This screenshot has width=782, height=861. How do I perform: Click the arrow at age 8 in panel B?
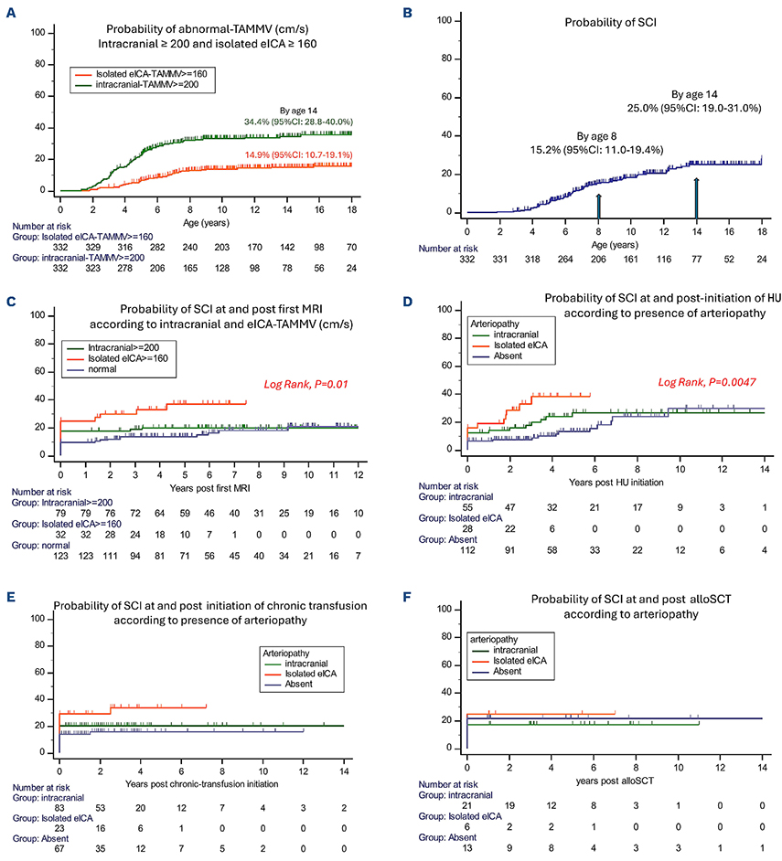[x=598, y=202]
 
